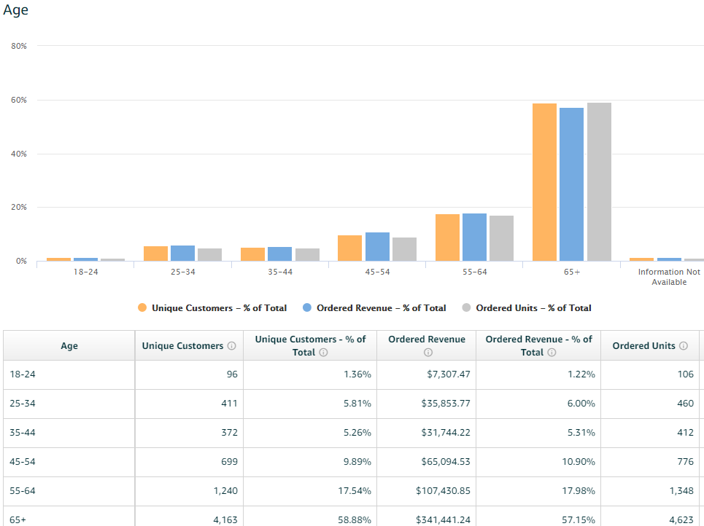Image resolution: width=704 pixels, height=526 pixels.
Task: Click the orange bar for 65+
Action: [x=544, y=182]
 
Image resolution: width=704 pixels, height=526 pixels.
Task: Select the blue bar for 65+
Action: [x=571, y=184]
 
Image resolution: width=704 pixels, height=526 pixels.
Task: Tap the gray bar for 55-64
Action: [x=501, y=238]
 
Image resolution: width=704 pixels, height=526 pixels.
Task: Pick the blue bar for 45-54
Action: [x=377, y=247]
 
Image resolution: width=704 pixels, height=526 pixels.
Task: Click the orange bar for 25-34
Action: [x=155, y=254]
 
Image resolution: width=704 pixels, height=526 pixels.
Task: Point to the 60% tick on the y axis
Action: [x=19, y=100]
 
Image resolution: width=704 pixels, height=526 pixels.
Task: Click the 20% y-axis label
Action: [x=19, y=208]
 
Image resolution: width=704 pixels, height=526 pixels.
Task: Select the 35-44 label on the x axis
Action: [x=279, y=272]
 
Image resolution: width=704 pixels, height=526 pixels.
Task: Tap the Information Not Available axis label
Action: [x=668, y=277]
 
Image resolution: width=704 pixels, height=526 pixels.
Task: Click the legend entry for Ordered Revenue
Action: [x=381, y=308]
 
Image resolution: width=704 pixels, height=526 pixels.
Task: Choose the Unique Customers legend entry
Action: [x=219, y=308]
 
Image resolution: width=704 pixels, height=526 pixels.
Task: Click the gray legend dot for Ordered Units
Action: [x=467, y=308]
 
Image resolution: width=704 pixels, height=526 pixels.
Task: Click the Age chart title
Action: [x=15, y=10]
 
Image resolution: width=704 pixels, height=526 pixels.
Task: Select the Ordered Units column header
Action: [x=643, y=346]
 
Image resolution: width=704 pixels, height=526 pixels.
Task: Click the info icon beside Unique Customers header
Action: [x=231, y=346]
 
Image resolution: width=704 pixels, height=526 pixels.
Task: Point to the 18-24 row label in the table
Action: [x=22, y=374]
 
